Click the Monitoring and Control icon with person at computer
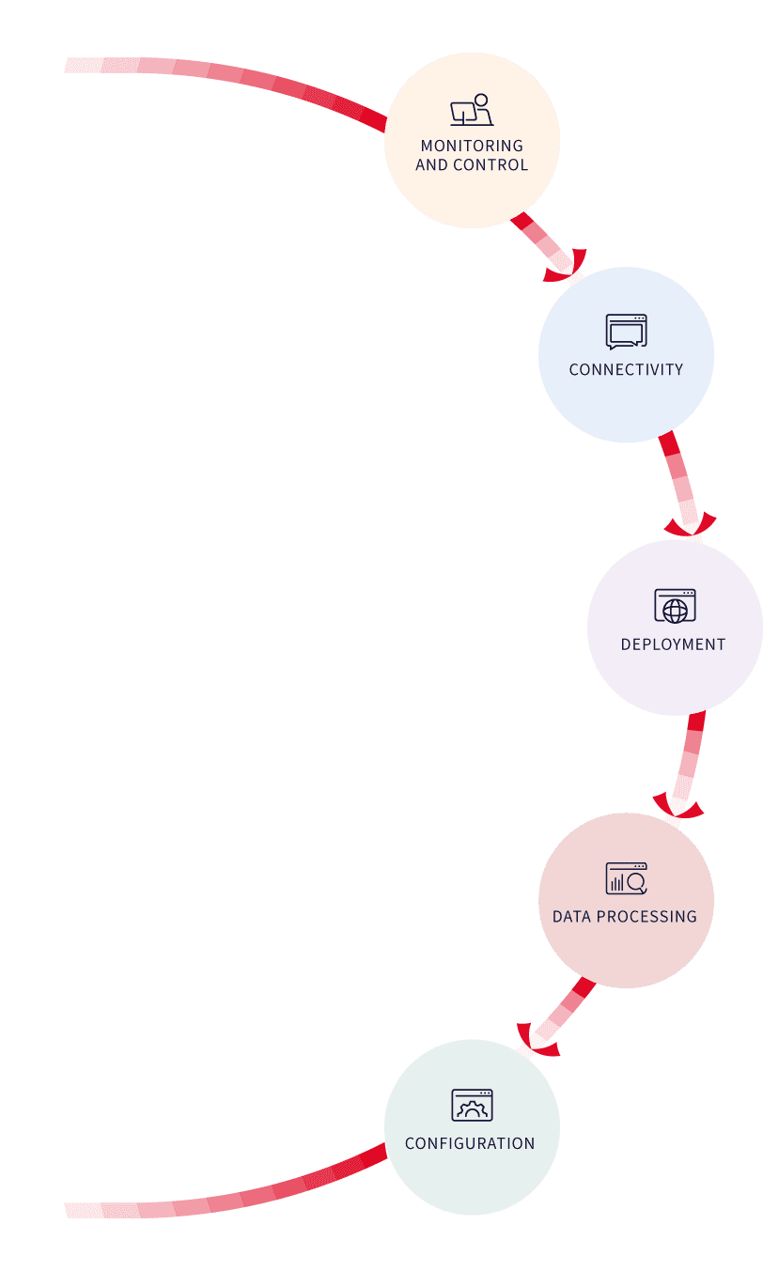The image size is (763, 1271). (472, 110)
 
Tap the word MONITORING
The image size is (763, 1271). (472, 146)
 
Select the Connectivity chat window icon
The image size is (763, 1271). (626, 332)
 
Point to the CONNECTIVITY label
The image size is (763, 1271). (626, 370)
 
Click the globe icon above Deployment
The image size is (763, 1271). (675, 606)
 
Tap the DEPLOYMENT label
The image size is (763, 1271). (674, 644)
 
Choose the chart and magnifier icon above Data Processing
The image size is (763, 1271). (626, 878)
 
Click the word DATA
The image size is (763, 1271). (571, 917)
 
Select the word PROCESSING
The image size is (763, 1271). (646, 917)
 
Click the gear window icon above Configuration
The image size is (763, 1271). (472, 1105)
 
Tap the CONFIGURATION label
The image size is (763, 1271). (470, 1143)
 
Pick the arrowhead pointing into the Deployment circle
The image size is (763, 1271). (691, 526)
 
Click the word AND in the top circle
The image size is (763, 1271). (432, 165)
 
